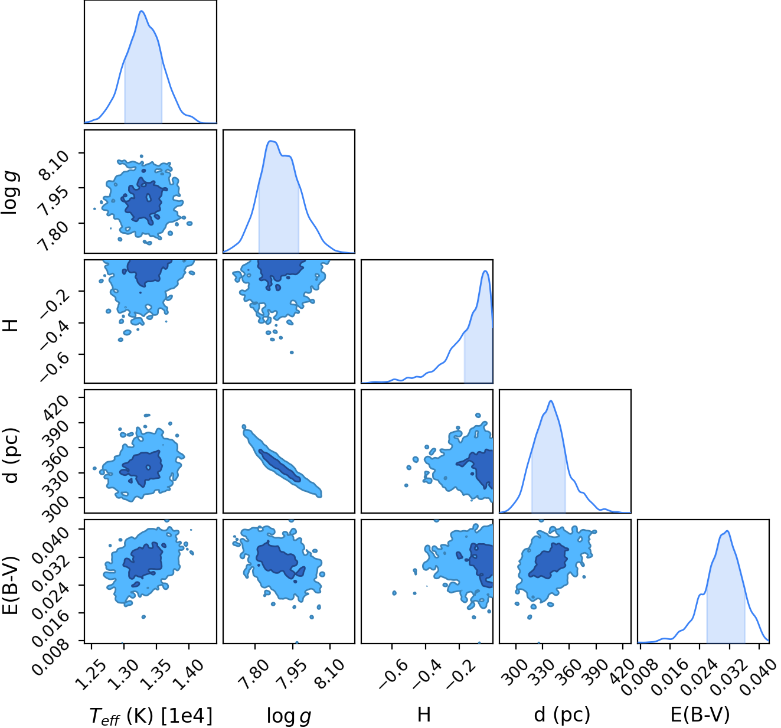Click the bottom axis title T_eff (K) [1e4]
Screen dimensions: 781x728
tap(151, 715)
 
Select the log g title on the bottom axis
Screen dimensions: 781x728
tap(289, 716)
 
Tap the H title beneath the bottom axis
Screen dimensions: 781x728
tap(423, 714)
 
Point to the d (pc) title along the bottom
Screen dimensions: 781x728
tap(562, 714)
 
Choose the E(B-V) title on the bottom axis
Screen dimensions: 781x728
tap(700, 714)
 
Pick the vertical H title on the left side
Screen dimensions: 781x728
tap(11, 325)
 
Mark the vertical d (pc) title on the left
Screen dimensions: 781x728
tap(10, 455)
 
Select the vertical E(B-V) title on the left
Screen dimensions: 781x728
tap(10, 585)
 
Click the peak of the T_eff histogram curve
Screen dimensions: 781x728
tap(142, 11)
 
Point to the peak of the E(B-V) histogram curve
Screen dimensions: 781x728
tap(727, 531)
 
